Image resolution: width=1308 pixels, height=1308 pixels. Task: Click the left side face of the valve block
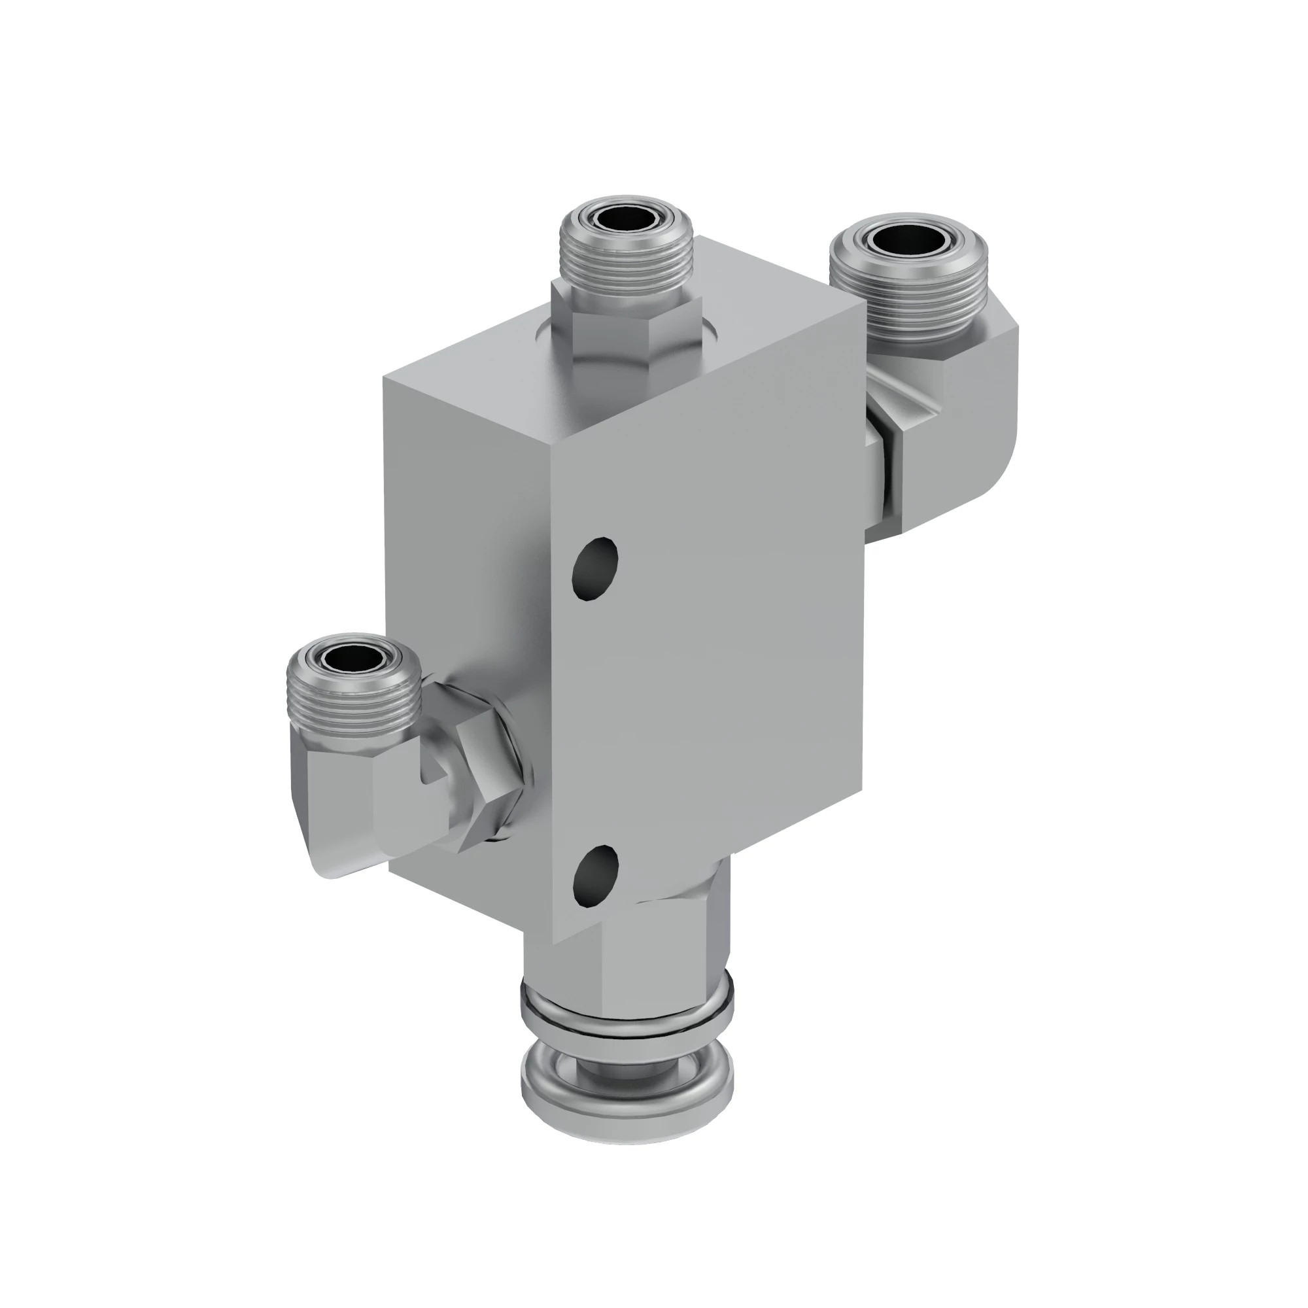coord(467,576)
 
